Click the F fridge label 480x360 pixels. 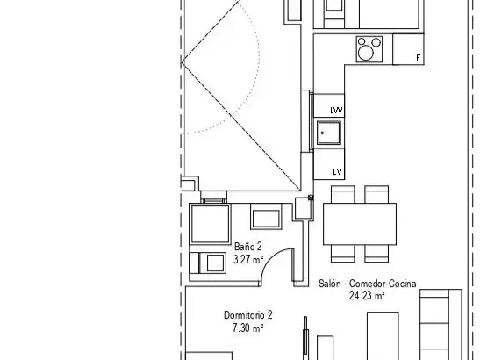tap(419, 58)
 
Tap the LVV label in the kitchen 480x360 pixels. tap(336, 111)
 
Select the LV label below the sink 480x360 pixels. tap(337, 171)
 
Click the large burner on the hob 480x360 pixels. tap(366, 53)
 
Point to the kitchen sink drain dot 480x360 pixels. tap(322, 133)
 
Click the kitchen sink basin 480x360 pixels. tap(329, 133)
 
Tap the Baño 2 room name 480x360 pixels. tap(248, 247)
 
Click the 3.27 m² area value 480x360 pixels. tap(248, 260)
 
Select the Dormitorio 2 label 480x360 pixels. tap(248, 315)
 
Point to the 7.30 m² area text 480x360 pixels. tap(248, 328)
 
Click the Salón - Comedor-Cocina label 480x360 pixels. tap(367, 284)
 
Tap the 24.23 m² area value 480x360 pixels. tap(367, 296)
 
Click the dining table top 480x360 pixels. tap(360, 224)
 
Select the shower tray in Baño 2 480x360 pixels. tap(210, 225)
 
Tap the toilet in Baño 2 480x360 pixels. tap(209, 263)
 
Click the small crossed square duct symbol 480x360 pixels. tap(311, 198)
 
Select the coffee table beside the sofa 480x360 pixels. tap(383, 335)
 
